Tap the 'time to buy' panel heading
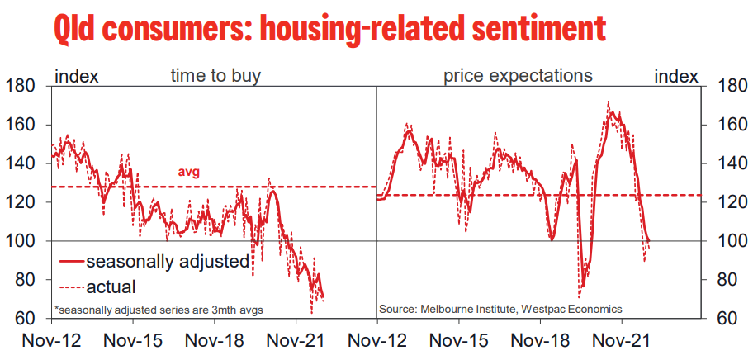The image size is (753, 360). [x=215, y=76]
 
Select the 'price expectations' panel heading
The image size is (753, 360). [x=518, y=76]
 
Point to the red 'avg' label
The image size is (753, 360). [x=190, y=173]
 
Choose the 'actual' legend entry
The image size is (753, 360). [x=111, y=287]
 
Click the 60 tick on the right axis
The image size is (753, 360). [x=725, y=319]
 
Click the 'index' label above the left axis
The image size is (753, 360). [x=76, y=76]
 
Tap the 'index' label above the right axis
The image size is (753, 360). [x=675, y=76]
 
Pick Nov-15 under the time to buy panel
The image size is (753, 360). [x=133, y=339]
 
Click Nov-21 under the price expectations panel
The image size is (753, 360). [x=619, y=339]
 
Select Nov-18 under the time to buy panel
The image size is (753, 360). [x=214, y=339]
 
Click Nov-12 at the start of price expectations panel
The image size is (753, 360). [x=376, y=339]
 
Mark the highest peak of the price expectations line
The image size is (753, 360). [x=609, y=102]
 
